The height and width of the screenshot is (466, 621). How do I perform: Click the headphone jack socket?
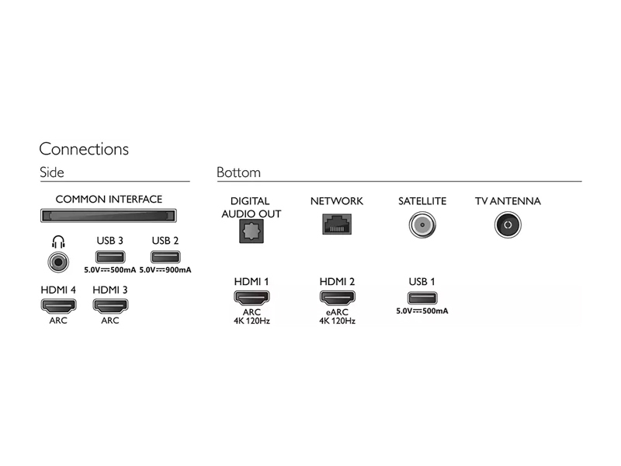tap(58, 262)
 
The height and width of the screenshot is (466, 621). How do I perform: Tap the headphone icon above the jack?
tap(58, 242)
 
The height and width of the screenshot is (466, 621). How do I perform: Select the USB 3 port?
tap(110, 257)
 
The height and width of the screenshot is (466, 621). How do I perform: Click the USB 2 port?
tap(165, 257)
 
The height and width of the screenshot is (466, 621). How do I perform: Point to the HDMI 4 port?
tap(58, 305)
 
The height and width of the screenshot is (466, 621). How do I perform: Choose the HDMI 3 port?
tap(110, 305)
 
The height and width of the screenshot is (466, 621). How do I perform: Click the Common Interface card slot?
tap(109, 216)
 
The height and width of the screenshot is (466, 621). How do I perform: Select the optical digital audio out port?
tap(252, 231)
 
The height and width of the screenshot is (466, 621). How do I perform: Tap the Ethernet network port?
tap(337, 224)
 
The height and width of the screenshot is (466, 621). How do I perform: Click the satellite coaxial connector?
tap(422, 224)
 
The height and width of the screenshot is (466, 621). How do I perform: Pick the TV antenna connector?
tap(508, 224)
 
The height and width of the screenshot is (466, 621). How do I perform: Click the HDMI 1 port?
tap(252, 297)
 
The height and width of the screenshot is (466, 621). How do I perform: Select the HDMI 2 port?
tap(337, 297)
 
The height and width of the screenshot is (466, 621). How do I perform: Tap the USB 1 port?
tap(422, 298)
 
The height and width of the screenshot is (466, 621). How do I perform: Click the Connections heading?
tap(84, 149)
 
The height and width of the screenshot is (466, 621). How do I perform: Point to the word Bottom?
tap(238, 172)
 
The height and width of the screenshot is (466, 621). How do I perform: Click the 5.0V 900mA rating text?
tap(165, 270)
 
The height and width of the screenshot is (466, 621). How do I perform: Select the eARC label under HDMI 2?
tap(337, 312)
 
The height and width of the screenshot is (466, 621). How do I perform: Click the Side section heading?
tap(52, 172)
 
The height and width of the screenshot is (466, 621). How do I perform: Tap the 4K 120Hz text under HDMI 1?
tap(252, 321)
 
